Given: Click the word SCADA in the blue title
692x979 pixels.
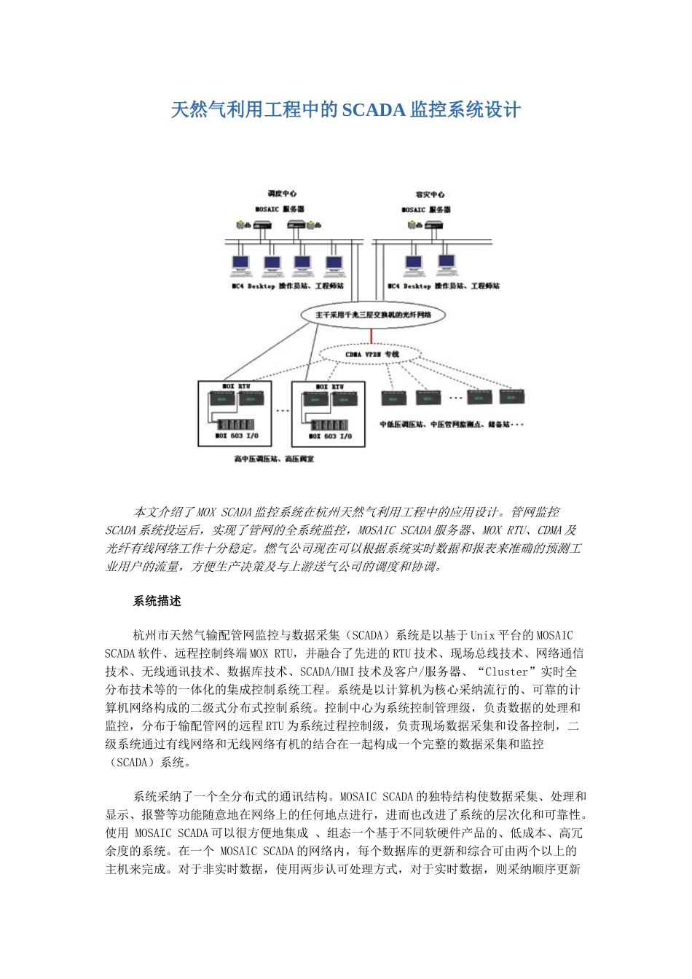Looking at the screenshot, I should pyautogui.click(x=373, y=110).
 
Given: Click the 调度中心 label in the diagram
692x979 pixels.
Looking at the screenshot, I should pyautogui.click(x=282, y=194).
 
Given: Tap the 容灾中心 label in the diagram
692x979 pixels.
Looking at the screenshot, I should pyautogui.click(x=430, y=194).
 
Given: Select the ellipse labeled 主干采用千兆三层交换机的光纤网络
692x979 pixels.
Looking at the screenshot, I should pyautogui.click(x=372, y=315).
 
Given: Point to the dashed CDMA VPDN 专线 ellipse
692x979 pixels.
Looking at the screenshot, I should pyautogui.click(x=372, y=354).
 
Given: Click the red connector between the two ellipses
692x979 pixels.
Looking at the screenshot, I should pyautogui.click(x=371, y=335).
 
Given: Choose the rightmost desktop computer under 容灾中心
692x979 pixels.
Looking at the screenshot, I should pyautogui.click(x=447, y=265).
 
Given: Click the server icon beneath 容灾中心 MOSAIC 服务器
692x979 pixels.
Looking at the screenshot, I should pyautogui.click(x=436, y=224).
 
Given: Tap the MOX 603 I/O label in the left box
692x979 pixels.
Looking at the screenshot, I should pyautogui.click(x=237, y=436).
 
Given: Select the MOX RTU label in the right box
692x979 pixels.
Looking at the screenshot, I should pyautogui.click(x=330, y=387).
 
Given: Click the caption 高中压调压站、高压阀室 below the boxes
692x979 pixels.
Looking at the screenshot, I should pyautogui.click(x=274, y=459).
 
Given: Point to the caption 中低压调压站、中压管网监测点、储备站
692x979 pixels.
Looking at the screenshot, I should pyautogui.click(x=452, y=424).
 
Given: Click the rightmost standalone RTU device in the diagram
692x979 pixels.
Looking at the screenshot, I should pyautogui.click(x=511, y=398).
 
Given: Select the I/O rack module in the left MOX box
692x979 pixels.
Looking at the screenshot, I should pyautogui.click(x=235, y=424).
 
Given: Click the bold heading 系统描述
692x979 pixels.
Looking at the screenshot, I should pyautogui.click(x=157, y=602).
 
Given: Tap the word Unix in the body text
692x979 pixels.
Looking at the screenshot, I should pyautogui.click(x=482, y=636).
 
